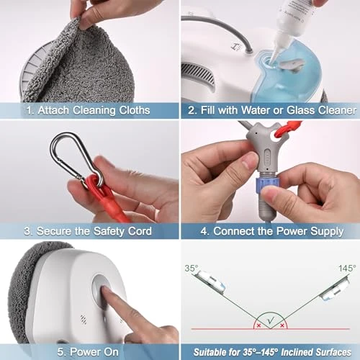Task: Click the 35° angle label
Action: click(192, 268)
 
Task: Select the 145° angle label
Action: click(347, 268)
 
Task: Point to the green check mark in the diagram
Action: click(271, 320)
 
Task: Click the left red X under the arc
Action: click(258, 325)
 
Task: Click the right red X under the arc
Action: click(282, 325)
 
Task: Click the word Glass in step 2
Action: click(301, 110)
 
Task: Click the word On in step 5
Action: click(111, 352)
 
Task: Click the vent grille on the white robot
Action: click(198, 73)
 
